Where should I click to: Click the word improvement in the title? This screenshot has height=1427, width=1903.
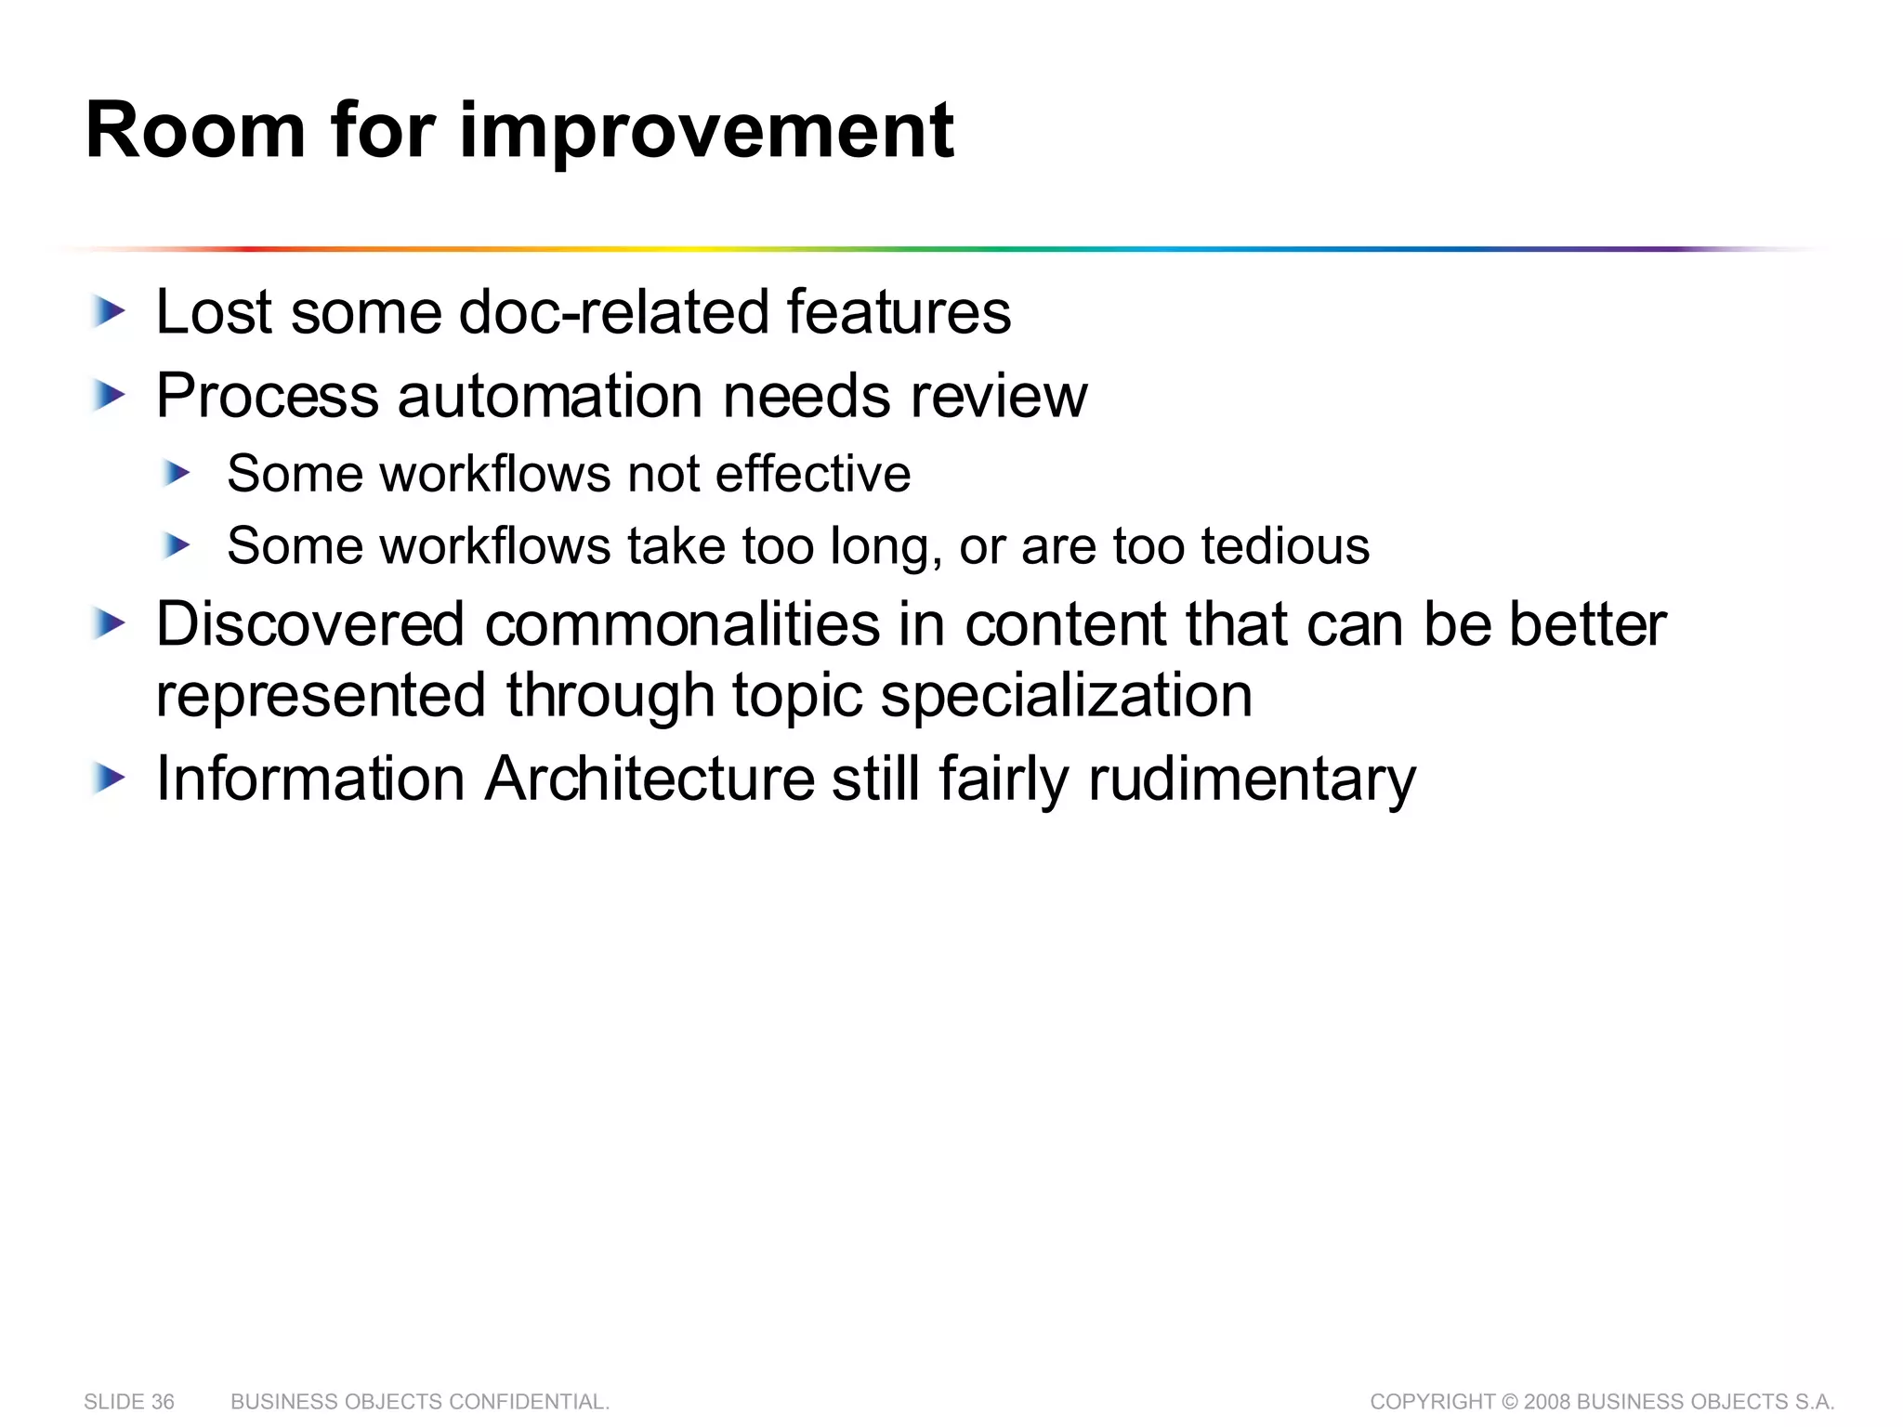click(706, 131)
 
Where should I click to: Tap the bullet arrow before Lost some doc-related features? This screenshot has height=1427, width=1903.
click(109, 312)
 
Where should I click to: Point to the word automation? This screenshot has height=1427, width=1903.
click(550, 397)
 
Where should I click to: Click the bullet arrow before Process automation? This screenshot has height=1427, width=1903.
click(109, 397)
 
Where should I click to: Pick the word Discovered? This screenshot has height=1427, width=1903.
click(309, 624)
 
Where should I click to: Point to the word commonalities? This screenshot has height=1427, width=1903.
click(682, 624)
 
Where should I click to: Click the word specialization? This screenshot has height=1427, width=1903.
click(1066, 696)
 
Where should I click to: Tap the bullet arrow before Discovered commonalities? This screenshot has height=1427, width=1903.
click(109, 624)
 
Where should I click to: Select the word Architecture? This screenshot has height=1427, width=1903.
click(650, 779)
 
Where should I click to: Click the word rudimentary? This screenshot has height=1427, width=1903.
click(1252, 779)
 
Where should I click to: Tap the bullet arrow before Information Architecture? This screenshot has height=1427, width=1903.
click(109, 779)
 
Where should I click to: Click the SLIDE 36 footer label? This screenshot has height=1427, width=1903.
click(129, 1402)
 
